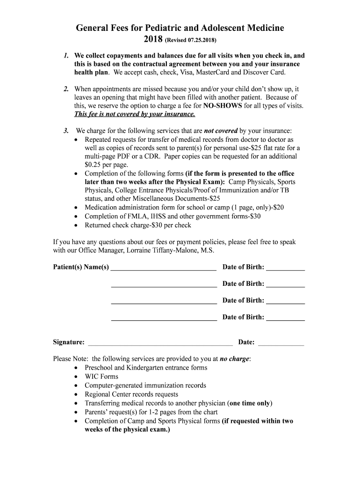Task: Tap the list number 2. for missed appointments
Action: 66,88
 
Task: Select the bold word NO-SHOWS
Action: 223,106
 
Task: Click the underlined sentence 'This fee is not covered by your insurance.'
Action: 135,114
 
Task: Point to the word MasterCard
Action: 213,73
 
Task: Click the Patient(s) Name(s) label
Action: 81,267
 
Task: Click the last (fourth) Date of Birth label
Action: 243,317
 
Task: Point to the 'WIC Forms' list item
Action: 101,377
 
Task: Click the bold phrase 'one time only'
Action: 250,403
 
